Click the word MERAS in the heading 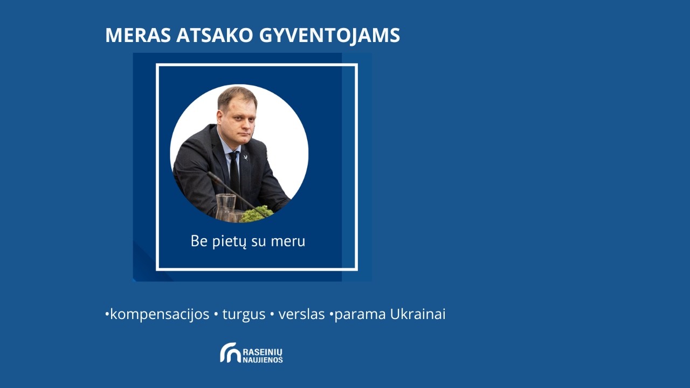point(138,36)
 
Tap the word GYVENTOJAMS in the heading point(329,36)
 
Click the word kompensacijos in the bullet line point(160,314)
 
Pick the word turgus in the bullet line point(244,315)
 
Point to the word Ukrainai point(418,314)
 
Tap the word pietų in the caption point(229,241)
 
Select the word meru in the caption point(288,241)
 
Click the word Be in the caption point(199,241)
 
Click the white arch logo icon point(230,352)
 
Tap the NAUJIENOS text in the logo point(263,359)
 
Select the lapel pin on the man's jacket point(246,157)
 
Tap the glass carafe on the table point(226,207)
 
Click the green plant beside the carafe point(256,214)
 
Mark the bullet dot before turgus point(216,315)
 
